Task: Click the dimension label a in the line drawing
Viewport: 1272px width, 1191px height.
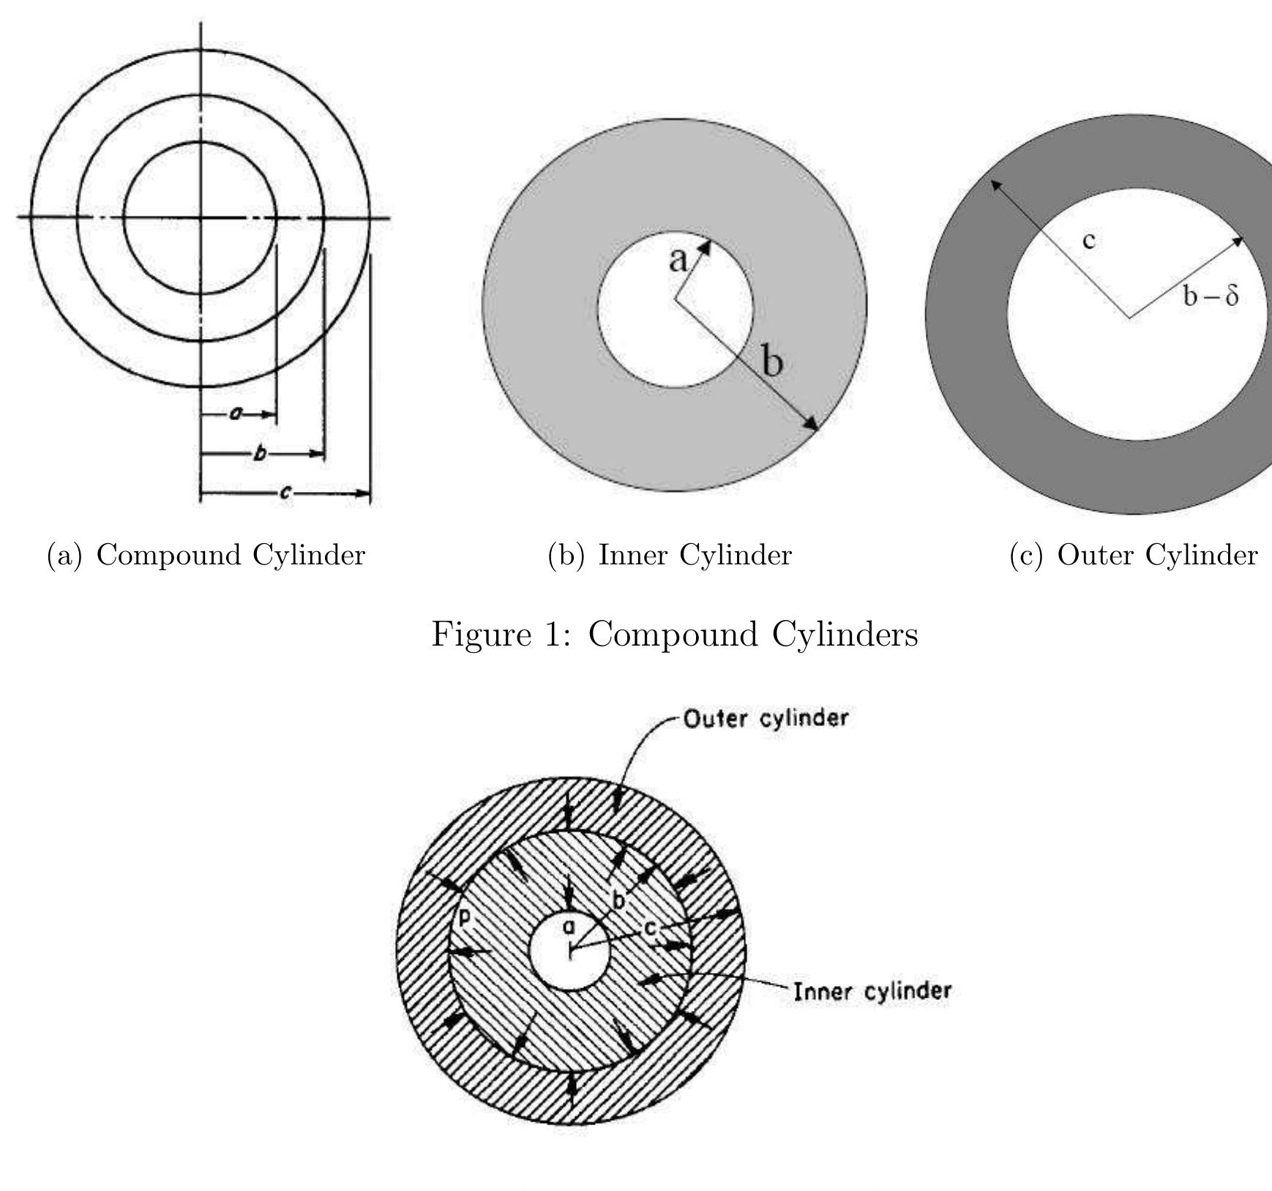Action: (x=236, y=414)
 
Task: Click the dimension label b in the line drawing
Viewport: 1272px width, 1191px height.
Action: (x=258, y=454)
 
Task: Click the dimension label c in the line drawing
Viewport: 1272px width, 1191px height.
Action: (x=285, y=493)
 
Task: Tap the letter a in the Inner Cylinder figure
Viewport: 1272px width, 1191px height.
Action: (x=678, y=259)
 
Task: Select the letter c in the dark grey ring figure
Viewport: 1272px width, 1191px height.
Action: (x=1089, y=240)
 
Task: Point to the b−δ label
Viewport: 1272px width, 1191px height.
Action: (x=1211, y=296)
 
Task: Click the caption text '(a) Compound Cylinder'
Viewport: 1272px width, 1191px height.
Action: (x=206, y=555)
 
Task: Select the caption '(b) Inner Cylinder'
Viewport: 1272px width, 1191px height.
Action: (x=670, y=555)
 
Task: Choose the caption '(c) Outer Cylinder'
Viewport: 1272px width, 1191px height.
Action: (x=1133, y=555)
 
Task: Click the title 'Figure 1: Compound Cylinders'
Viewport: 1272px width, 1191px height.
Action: (x=674, y=634)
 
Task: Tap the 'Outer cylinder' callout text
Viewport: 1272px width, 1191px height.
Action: (x=766, y=718)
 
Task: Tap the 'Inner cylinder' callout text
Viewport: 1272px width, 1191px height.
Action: (x=872, y=992)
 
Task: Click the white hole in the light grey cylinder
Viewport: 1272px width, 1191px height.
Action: (x=675, y=310)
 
